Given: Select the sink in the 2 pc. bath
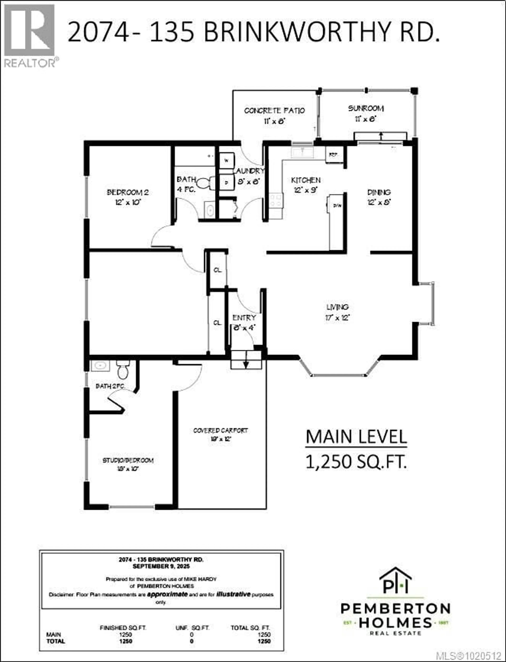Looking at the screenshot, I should click(100, 366).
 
